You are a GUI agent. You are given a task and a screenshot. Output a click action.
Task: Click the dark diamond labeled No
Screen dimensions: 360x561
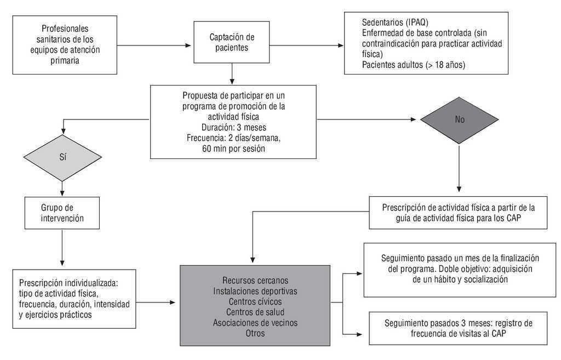coord(459,119)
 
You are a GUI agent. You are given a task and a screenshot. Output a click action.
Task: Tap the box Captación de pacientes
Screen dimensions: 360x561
coord(232,42)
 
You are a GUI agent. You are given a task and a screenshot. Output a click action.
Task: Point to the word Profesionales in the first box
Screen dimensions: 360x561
coord(65,28)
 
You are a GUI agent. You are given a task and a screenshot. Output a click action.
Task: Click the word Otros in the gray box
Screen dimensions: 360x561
coord(255,333)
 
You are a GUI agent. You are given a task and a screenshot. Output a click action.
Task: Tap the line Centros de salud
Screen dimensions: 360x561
coord(255,312)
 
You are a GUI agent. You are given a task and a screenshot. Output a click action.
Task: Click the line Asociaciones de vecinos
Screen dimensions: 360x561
coord(255,323)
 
